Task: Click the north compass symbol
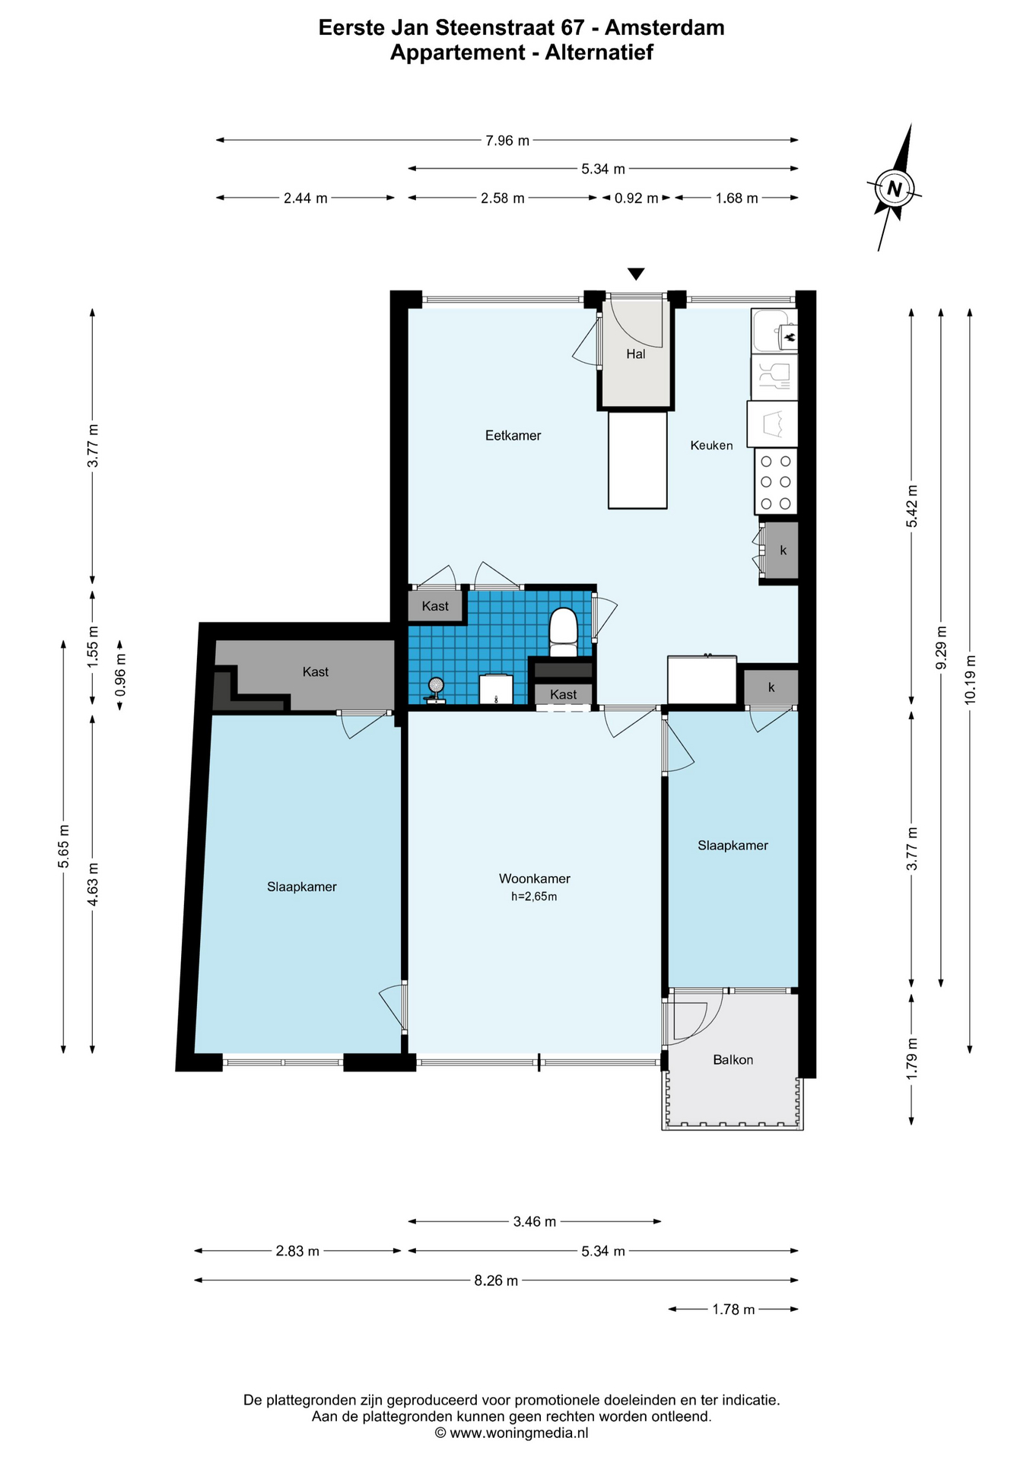pos(895,188)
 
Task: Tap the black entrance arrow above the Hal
pos(636,274)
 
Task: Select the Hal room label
pos(636,354)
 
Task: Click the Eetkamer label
pos(513,436)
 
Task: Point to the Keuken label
pos(711,446)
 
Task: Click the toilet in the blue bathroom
pos(564,632)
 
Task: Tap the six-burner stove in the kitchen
pos(776,481)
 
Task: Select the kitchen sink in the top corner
pos(774,330)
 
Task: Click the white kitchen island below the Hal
pos(637,460)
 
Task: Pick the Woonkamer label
pos(535,879)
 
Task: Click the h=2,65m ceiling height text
pos(534,897)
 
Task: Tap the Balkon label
pos(733,1060)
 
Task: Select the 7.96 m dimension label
pos(507,141)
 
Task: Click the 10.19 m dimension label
pos(969,679)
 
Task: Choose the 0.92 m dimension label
pos(637,198)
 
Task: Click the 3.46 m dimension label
pos(535,1222)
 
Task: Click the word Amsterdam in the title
pos(665,28)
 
